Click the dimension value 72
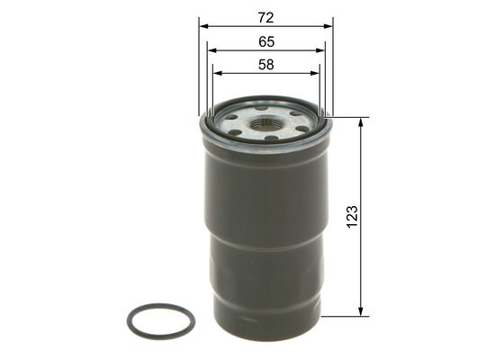265,17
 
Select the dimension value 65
265,41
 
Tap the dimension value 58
265,65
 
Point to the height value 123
352,216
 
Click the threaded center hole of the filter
265,123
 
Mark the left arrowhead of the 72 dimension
203,26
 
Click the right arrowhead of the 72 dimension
328,26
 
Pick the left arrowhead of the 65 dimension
210,51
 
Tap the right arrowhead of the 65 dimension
321,51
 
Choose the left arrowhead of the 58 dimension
216,74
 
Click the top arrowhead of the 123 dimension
361,122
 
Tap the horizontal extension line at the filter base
346,316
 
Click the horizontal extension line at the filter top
351,117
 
